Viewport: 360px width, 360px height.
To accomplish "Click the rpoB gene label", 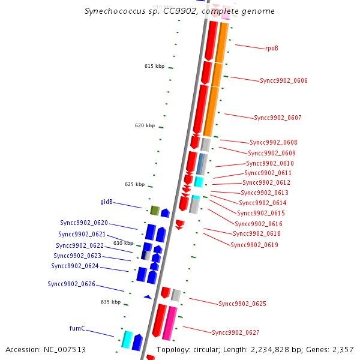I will pyautogui.click(x=272, y=48).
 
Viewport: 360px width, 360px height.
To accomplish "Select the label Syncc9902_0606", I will pyautogui.click(x=284, y=80).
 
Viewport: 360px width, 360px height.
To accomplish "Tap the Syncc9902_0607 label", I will pyautogui.click(x=278, y=118).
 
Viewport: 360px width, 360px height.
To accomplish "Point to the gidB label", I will pyautogui.click(x=106, y=202).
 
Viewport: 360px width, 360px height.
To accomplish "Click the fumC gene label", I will pyautogui.click(x=77, y=328).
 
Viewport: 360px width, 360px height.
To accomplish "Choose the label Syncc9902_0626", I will pyautogui.click(x=71, y=284).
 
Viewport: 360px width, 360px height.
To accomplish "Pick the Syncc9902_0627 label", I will pyautogui.click(x=236, y=332).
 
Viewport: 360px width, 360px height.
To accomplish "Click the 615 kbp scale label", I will pyautogui.click(x=154, y=66).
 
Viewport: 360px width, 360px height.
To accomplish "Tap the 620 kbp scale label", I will pyautogui.click(x=145, y=126).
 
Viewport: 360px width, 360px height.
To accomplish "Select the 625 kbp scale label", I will pyautogui.click(x=134, y=184).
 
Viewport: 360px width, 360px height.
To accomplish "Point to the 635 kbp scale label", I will pyautogui.click(x=110, y=302).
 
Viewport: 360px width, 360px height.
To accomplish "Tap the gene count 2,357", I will pyautogui.click(x=344, y=349).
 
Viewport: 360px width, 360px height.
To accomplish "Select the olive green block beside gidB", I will pyautogui.click(x=154, y=211).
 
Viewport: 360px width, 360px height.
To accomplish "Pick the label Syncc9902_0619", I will pyautogui.click(x=254, y=245).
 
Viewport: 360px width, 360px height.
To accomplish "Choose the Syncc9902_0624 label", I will pyautogui.click(x=75, y=266).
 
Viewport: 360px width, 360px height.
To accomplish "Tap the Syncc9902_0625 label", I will pyautogui.click(x=242, y=304).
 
